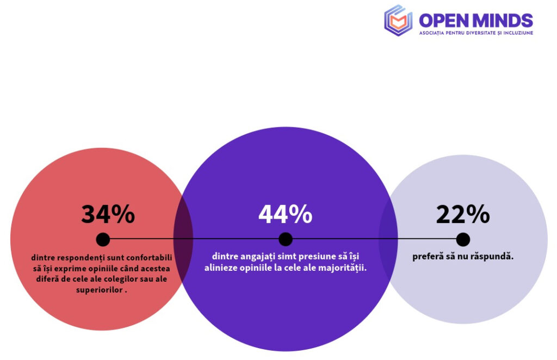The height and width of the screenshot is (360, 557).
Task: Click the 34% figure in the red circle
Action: [x=108, y=214]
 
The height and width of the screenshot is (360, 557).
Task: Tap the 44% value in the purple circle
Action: [x=285, y=214]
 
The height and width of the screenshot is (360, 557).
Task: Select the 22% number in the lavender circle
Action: [x=462, y=214]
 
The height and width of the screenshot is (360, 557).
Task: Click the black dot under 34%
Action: [x=103, y=239]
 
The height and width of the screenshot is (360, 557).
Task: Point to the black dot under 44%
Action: [x=286, y=239]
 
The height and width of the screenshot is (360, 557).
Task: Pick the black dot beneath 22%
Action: [x=463, y=239]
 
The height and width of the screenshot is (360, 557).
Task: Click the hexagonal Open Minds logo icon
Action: [x=398, y=20]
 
